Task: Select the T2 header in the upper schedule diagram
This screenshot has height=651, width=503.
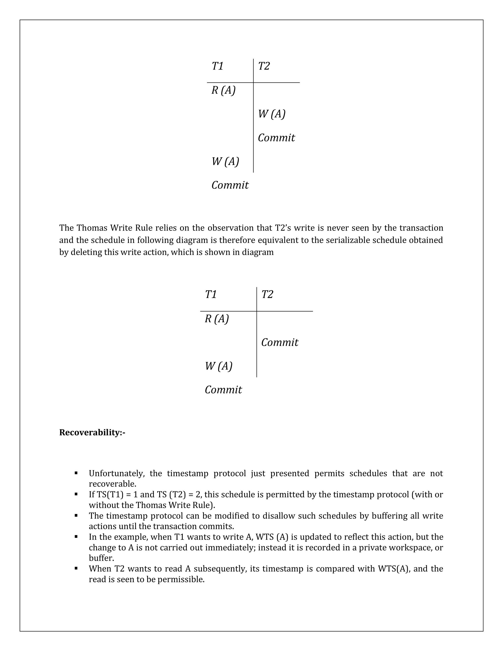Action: point(264,66)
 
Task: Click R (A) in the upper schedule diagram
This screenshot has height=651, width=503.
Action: point(223,90)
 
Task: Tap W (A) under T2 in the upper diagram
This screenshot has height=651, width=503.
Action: point(271,114)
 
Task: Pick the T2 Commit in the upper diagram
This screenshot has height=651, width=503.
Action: point(276,138)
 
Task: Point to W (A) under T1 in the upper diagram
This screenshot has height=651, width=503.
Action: point(225,162)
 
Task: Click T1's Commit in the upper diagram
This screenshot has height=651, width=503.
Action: point(230,185)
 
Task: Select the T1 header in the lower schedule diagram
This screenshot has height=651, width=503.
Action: point(211,295)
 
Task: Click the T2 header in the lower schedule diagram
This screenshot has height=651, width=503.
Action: point(267,295)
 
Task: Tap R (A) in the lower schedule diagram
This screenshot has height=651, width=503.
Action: point(217,319)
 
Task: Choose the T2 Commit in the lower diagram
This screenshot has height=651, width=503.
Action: point(279,342)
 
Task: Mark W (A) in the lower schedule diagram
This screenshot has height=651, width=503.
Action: point(218,366)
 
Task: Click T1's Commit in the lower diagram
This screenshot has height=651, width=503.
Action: point(223,390)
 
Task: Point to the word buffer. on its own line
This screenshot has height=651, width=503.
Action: point(101,558)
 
